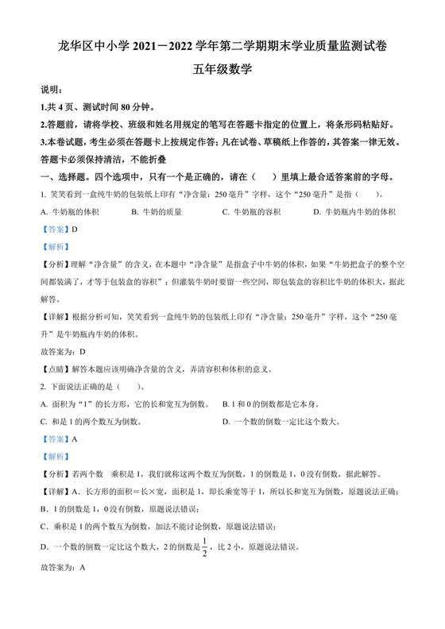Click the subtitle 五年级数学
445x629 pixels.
click(x=222, y=69)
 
